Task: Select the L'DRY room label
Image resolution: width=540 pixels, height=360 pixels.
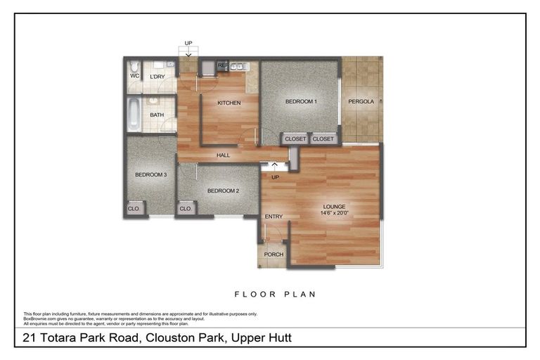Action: click(x=157, y=76)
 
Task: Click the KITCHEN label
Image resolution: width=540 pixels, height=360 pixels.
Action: click(x=229, y=103)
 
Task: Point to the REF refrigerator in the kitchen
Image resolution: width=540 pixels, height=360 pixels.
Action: click(x=223, y=65)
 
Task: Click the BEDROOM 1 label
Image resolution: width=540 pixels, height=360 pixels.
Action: click(x=301, y=101)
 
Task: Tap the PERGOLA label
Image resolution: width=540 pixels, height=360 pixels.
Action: click(x=362, y=101)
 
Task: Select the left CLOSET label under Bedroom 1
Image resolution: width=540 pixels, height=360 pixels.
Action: click(x=295, y=139)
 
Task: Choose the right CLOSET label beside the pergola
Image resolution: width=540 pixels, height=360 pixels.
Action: click(x=323, y=139)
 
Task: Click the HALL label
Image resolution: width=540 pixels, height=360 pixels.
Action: click(x=223, y=155)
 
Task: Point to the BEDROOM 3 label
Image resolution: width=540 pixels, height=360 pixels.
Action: click(x=150, y=174)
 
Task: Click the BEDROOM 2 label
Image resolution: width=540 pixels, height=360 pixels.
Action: click(x=223, y=191)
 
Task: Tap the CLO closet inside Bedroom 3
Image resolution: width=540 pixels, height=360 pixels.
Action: click(x=133, y=209)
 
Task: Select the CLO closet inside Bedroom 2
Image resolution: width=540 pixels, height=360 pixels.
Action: click(x=185, y=209)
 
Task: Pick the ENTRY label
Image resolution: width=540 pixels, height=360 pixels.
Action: click(x=273, y=217)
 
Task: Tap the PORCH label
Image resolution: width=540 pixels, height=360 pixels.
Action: click(x=273, y=255)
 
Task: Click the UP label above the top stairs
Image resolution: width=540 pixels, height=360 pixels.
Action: click(x=188, y=44)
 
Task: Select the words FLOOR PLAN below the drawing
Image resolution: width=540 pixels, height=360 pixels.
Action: click(x=275, y=294)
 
